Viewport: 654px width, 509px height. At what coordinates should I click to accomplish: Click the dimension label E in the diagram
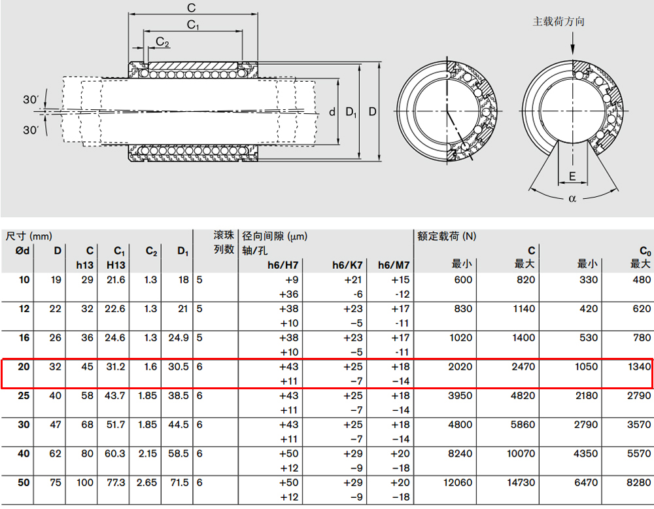click(572, 176)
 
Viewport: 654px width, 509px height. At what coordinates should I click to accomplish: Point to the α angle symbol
click(572, 199)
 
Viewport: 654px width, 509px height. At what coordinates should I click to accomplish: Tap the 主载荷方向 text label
click(558, 22)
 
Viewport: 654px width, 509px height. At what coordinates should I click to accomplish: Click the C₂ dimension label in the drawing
click(162, 42)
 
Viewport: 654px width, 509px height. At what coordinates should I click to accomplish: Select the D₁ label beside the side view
click(351, 112)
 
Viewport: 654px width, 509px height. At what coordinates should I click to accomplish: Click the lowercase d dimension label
click(332, 112)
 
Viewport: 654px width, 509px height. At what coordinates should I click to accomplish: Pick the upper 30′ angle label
click(31, 99)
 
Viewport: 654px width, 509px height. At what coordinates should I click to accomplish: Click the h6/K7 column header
click(347, 265)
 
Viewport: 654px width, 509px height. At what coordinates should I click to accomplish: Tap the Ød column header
click(22, 251)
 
